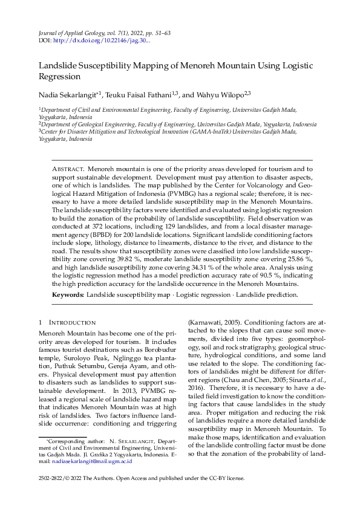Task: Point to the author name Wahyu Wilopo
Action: coord(218,94)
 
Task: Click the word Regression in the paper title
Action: coord(60,77)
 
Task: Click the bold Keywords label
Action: coord(68,294)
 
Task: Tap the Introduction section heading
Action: coord(72,323)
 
